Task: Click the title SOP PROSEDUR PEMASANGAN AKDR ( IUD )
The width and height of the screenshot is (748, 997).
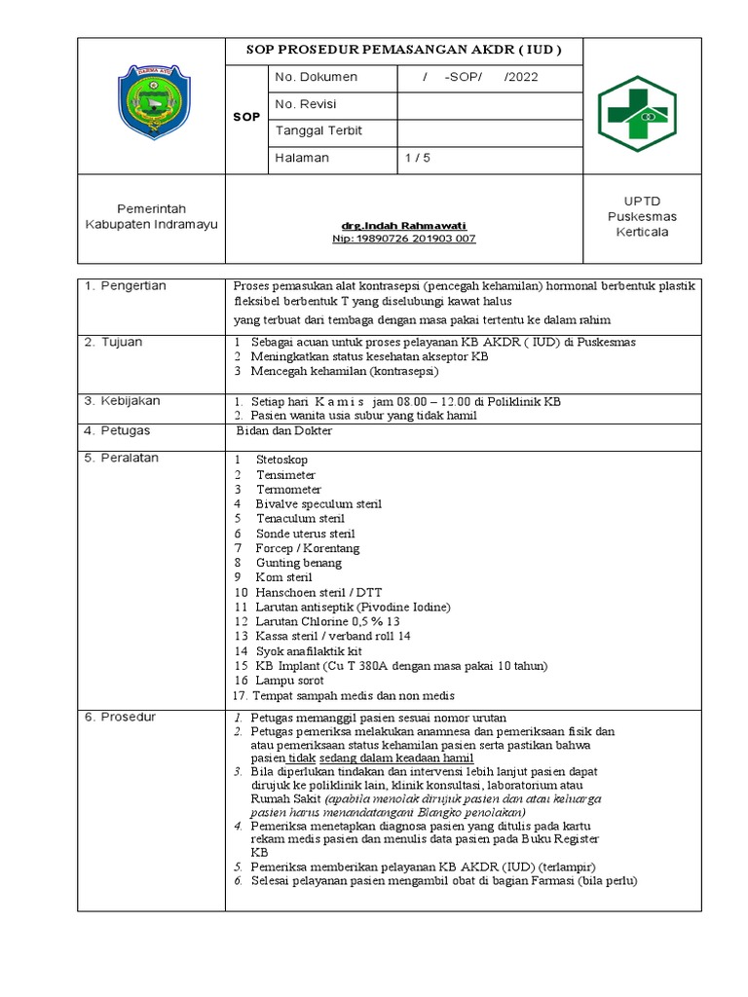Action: [x=406, y=51]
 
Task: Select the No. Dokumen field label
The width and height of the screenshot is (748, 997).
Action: [x=317, y=77]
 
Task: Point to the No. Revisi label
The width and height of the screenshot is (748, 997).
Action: [x=307, y=104]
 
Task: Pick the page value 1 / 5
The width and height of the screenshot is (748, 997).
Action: [x=419, y=158]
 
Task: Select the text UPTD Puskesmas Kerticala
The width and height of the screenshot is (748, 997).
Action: [x=641, y=216]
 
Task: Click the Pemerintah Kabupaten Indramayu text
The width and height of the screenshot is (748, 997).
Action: [x=151, y=216]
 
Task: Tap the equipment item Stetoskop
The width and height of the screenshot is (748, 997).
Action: [x=286, y=460]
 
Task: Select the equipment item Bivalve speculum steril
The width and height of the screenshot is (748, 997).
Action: [x=318, y=503]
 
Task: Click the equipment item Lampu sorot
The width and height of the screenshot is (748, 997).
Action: [x=290, y=681]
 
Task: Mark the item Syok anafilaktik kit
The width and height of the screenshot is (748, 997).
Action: [x=309, y=650]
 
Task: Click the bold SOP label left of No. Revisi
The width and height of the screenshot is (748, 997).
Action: [x=246, y=117]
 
